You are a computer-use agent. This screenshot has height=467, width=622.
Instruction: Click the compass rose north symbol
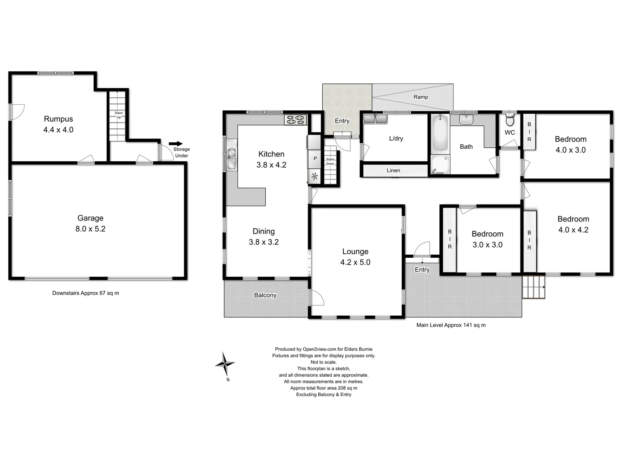[225, 364]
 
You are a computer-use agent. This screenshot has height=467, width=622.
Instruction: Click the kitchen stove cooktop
[295, 119]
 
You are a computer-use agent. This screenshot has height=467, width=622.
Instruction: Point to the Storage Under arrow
[176, 144]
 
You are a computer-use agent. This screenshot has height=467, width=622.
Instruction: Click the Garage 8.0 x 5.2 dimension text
[90, 229]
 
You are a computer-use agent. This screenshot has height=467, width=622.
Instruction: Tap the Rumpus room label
[58, 119]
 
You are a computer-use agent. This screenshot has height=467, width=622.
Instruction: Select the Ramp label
[420, 97]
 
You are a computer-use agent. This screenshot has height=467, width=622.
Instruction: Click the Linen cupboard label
[393, 170]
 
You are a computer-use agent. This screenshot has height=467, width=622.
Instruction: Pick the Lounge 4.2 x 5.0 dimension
[355, 262]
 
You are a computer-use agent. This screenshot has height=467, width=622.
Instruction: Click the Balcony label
[265, 295]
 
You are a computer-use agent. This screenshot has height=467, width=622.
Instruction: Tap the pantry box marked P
[315, 159]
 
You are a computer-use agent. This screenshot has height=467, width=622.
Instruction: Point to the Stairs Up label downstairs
[118, 115]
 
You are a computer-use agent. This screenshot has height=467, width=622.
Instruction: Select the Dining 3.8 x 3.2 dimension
[263, 242]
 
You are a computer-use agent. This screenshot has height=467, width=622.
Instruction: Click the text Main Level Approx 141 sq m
[451, 325]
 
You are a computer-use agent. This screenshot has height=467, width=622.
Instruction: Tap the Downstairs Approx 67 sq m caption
[86, 293]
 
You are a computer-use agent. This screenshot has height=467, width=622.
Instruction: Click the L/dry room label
[396, 138]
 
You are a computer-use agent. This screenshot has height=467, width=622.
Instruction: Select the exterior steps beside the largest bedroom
[533, 287]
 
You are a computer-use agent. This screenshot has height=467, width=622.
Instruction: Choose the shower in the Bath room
[440, 165]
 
